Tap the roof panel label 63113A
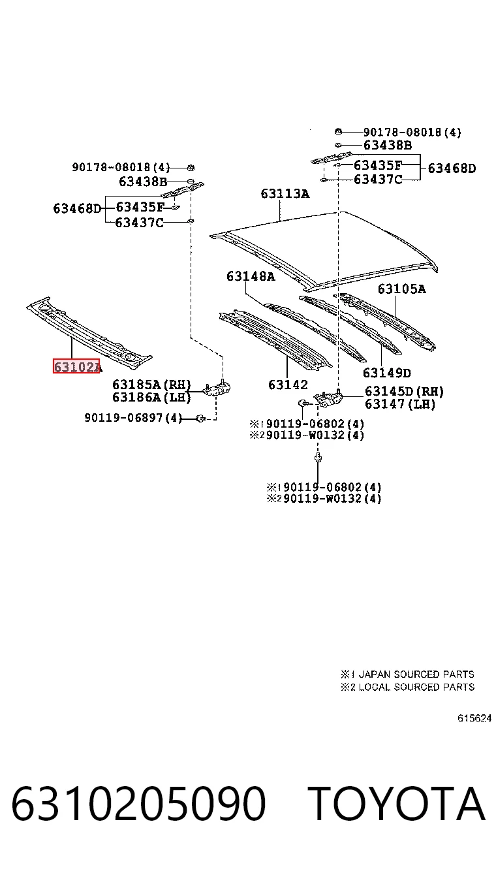point(285,193)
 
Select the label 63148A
point(251,276)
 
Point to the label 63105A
point(401,289)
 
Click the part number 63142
point(288,385)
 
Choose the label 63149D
point(387,373)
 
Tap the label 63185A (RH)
point(151,385)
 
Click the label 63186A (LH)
point(151,397)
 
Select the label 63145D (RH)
point(404,391)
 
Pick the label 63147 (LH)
point(400,404)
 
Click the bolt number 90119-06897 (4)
point(133,418)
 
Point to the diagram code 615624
point(474,718)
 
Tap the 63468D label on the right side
point(452,168)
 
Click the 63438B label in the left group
point(143,182)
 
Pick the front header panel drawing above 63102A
point(89,332)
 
